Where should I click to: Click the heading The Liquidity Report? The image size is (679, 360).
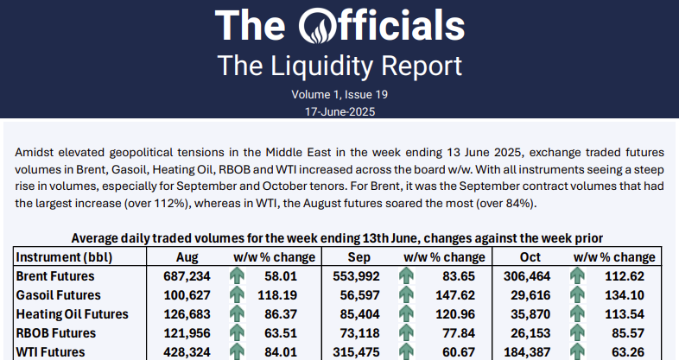pos(339,66)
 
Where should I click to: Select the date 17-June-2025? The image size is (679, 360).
pos(339,111)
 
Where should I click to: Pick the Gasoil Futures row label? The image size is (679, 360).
pos(59,294)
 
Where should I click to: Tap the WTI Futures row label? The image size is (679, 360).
pos(51,351)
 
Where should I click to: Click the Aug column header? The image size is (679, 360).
pos(187,257)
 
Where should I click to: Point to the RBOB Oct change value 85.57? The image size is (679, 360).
pos(630,332)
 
